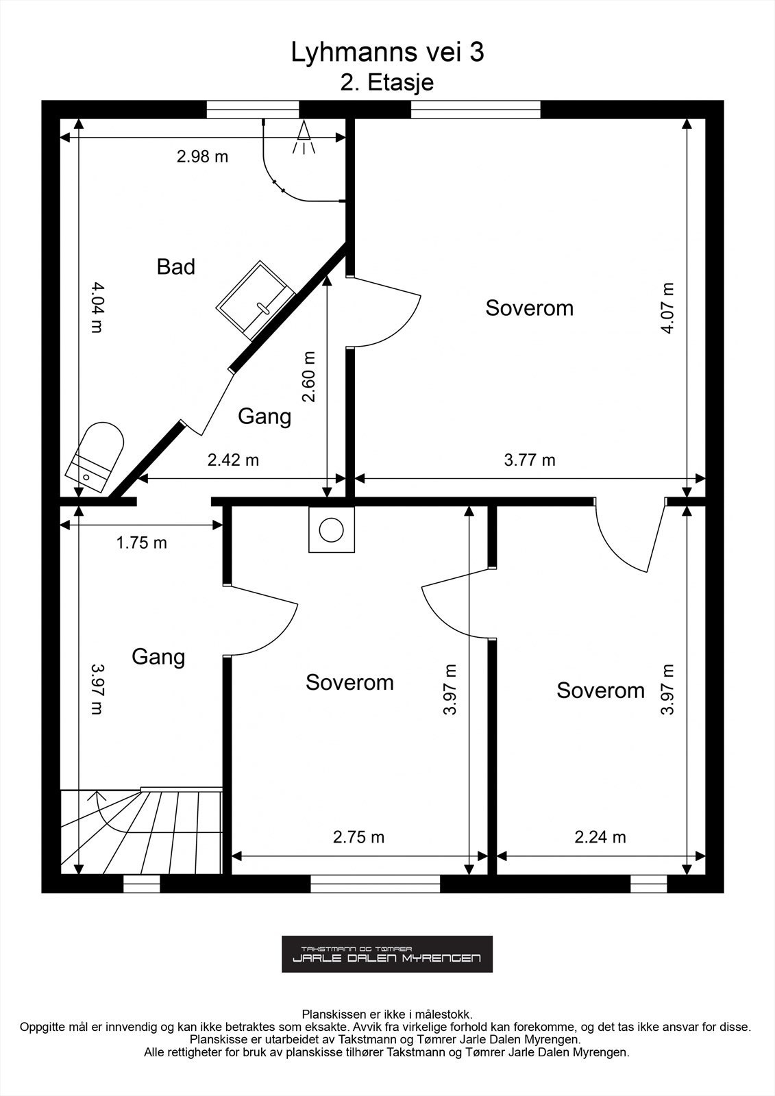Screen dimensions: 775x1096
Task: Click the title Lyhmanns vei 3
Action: [387, 53]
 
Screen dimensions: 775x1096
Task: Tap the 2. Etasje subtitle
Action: [387, 83]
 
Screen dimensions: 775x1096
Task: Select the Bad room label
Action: [175, 266]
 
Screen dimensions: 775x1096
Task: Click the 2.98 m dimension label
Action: [202, 157]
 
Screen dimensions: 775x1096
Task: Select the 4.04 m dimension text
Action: [97, 308]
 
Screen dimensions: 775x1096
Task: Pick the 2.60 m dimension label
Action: [308, 377]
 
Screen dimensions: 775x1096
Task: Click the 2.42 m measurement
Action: [233, 460]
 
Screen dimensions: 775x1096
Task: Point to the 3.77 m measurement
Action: [530, 460]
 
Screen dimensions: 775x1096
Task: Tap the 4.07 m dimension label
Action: [667, 308]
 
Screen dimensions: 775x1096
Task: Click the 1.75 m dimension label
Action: [141, 543]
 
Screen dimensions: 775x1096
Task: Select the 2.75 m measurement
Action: [358, 837]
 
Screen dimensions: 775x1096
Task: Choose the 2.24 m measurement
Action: [600, 837]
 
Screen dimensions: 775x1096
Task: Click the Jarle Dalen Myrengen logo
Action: [386, 954]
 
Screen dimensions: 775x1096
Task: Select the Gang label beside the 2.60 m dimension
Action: [265, 417]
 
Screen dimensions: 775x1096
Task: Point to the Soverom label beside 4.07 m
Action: [529, 308]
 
